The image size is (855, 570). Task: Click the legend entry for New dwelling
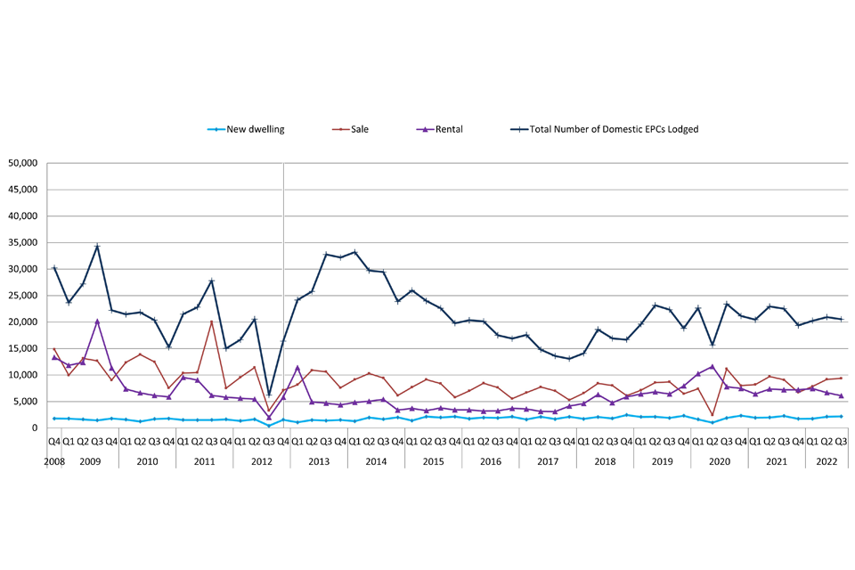tap(255, 129)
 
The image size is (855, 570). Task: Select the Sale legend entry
tap(359, 129)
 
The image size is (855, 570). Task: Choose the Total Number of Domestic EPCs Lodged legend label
tap(614, 129)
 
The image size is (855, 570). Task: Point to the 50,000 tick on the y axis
tap(22, 164)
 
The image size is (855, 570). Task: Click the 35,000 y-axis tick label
tap(22, 243)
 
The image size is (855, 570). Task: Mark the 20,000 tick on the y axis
tap(22, 322)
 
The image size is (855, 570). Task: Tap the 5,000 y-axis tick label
tap(25, 402)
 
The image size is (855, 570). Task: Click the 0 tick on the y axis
tap(36, 428)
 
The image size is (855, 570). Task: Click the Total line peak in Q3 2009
tap(97, 246)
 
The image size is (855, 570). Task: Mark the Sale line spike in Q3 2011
tap(212, 322)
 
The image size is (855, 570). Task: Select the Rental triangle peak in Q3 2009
tap(97, 321)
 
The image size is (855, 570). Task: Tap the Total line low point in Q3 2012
tap(269, 394)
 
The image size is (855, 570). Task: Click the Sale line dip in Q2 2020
tap(712, 415)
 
